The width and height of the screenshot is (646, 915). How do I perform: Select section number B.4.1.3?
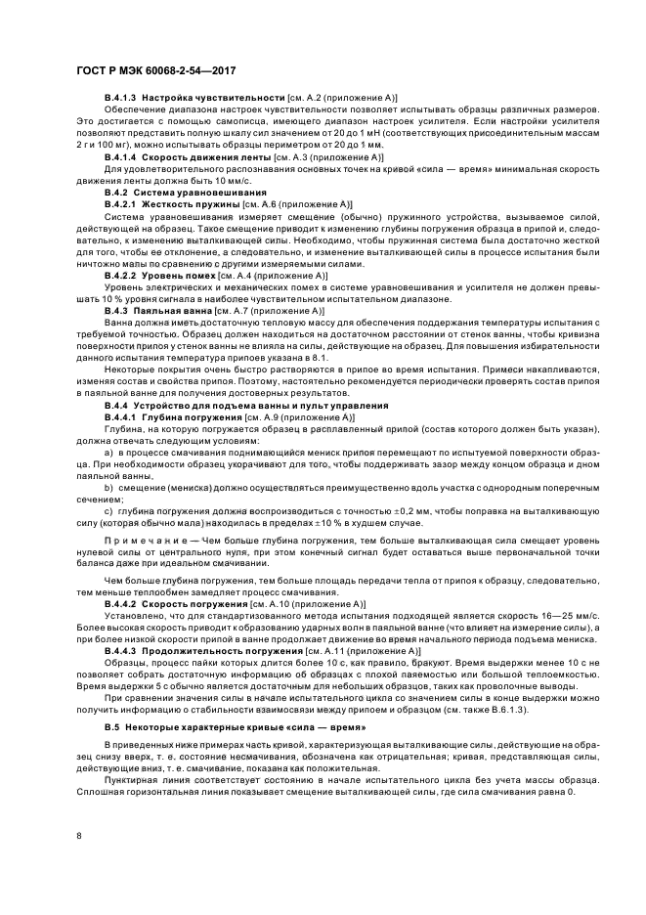[x=121, y=100]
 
